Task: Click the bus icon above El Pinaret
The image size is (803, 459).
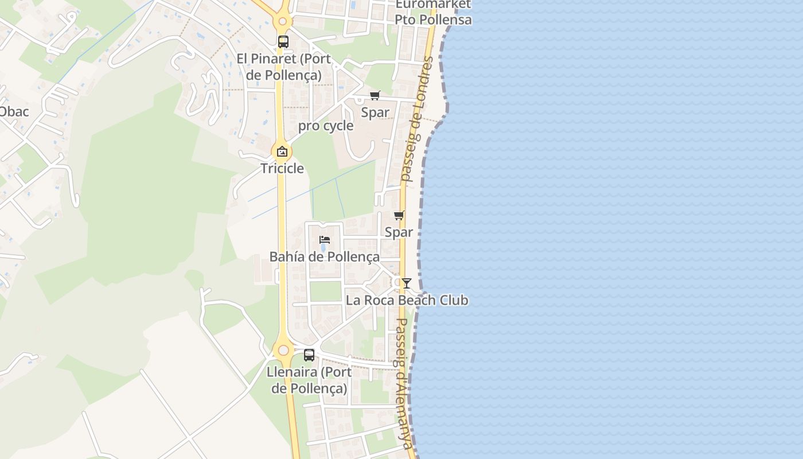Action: tap(283, 42)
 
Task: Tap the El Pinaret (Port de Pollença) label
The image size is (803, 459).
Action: tap(283, 67)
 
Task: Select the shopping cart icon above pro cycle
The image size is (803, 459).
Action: tap(375, 95)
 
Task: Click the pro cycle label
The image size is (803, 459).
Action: tap(326, 126)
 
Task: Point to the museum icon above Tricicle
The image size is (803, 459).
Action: tap(282, 152)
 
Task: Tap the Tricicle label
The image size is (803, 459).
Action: tap(282, 168)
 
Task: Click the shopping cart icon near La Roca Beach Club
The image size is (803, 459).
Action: tap(399, 216)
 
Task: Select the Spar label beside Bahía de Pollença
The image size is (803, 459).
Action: tap(399, 232)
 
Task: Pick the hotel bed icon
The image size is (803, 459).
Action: tap(325, 240)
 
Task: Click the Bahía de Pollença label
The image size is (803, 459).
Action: tap(325, 256)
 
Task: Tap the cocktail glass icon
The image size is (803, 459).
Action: tap(407, 283)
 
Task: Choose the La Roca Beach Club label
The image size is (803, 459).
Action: tap(407, 300)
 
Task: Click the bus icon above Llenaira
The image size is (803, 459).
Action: tap(309, 355)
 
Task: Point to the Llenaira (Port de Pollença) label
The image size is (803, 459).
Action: tap(309, 380)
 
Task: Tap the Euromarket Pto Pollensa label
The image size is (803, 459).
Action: tap(433, 12)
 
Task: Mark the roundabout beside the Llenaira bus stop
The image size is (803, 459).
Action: tap(283, 350)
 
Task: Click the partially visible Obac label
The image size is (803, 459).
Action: tap(14, 111)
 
